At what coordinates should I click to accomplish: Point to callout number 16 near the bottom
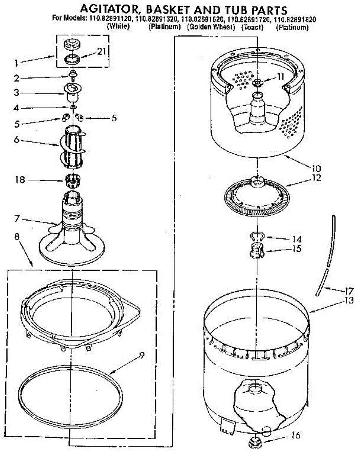[296, 435]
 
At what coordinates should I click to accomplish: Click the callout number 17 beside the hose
[348, 291]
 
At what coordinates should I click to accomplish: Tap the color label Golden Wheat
[211, 27]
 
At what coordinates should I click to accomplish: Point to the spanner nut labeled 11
[258, 82]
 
